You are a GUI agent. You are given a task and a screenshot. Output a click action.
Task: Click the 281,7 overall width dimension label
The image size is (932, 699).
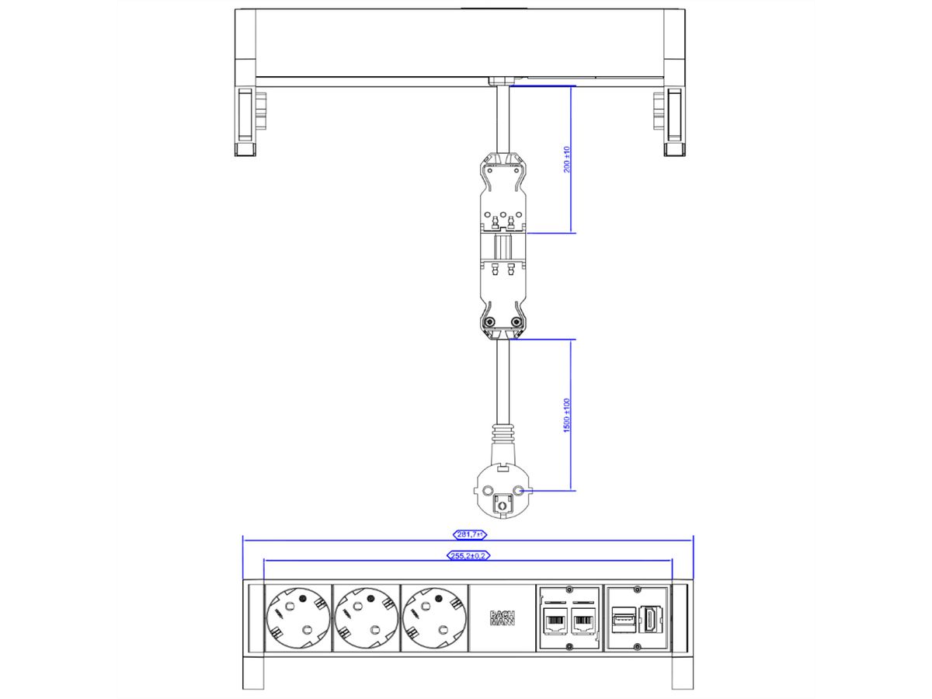pos(468,534)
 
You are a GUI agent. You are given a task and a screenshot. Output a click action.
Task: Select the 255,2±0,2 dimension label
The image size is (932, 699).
pos(468,555)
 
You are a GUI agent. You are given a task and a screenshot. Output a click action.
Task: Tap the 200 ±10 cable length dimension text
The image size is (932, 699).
pos(567,159)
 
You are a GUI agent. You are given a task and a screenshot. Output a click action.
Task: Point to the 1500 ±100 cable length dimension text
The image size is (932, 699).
pos(567,416)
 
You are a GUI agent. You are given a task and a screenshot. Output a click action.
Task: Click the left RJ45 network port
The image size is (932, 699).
pos(556,622)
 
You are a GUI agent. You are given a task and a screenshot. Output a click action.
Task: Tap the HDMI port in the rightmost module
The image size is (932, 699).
pos(648,622)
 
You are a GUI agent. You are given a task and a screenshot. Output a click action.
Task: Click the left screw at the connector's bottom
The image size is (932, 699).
pos(489,323)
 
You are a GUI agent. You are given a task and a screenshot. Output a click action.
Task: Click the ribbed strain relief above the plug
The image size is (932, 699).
pos(503,432)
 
